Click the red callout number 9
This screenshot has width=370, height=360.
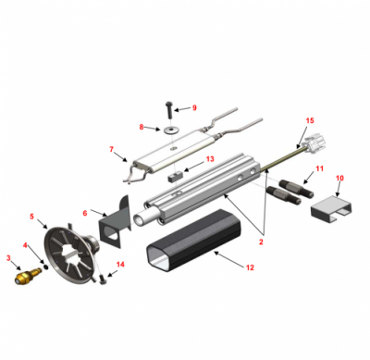pos(194,107)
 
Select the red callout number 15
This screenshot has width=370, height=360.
pos(310,120)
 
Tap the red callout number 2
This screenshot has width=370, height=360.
pos(261,242)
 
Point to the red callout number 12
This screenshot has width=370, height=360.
pos(250,267)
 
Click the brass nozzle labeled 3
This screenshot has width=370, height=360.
pos(28,275)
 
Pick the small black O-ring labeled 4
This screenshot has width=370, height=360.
pos(46,267)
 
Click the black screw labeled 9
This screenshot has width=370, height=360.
pos(169,110)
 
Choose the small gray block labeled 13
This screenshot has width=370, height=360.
pos(176,177)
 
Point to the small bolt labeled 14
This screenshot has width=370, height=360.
pos(104,279)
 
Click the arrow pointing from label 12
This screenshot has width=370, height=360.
pos(228,258)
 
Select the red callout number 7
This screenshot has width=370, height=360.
pos(111,149)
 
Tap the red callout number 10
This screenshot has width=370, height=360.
pos(339,178)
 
